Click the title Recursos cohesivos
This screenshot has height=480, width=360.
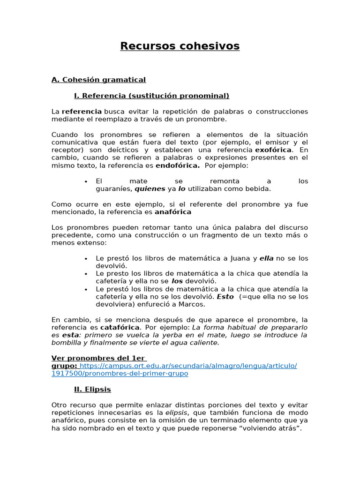(180, 46)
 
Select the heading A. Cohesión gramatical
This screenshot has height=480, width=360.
(98, 80)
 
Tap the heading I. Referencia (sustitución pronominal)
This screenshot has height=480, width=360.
(151, 96)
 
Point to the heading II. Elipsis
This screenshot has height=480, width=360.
(92, 389)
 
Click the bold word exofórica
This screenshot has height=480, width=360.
(273, 150)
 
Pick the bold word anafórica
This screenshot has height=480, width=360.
(173, 212)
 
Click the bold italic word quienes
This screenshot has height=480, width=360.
(150, 189)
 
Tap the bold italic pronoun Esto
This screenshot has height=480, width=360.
(225, 297)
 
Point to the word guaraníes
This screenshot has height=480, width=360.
(114, 189)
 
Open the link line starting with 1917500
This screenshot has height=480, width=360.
(120, 374)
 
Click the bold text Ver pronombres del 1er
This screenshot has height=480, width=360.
(99, 358)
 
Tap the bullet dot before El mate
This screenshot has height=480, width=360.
(86, 181)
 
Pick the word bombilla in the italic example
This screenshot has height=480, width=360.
(67, 343)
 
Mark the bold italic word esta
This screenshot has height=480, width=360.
(70, 335)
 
